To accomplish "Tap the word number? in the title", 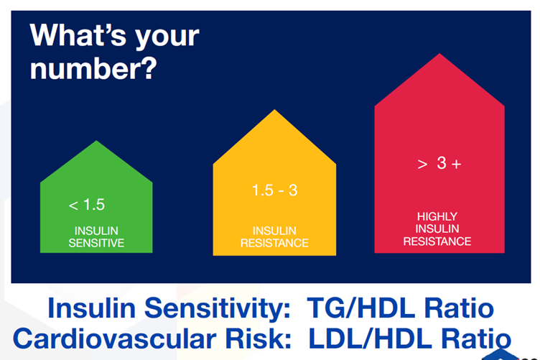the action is point(93,68).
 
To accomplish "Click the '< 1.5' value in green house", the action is point(87,205).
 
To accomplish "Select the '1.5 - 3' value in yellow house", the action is point(274,190).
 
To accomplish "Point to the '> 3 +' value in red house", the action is point(439,163).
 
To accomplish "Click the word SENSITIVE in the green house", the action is point(96,243).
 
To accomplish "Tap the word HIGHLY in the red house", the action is point(437,216).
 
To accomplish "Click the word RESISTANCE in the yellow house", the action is point(274,243).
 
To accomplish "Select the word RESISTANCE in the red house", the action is point(437,241).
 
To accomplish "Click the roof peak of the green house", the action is point(96,141).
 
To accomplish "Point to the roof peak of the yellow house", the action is point(274,109).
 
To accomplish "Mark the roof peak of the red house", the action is point(439,53).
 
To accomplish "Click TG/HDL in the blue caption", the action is point(361,308).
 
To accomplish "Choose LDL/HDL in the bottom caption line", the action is point(370,338).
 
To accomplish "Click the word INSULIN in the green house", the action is point(96,231).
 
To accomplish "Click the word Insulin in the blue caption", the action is point(91,308).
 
